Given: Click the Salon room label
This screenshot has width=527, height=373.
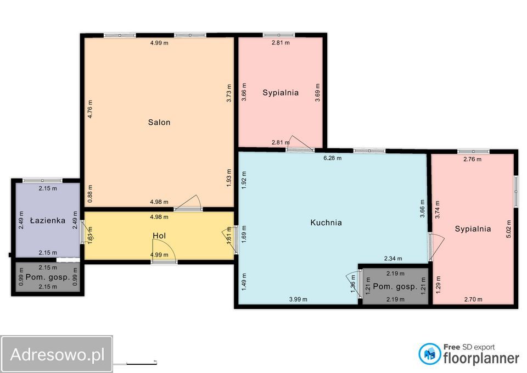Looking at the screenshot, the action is point(159,122).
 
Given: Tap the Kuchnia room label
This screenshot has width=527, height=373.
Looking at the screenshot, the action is point(326,222).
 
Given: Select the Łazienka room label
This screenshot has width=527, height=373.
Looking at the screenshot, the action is point(47,220).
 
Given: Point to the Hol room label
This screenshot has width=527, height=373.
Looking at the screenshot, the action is point(159,236).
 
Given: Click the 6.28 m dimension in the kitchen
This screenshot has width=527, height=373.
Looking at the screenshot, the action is point(333,158).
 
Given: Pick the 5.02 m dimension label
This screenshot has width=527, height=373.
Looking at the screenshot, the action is point(508,229).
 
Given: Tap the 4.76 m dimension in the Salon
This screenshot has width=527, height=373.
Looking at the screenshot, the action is point(89,109).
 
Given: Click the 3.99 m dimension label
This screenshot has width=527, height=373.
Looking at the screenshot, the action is point(298,299).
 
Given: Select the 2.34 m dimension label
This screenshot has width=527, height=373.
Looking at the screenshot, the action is point(393,258).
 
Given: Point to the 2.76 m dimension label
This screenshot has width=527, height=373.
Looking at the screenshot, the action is point(472,159).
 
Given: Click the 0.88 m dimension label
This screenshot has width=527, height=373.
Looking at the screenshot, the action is point(89,194).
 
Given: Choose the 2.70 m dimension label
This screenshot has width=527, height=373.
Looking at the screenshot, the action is point(473,299).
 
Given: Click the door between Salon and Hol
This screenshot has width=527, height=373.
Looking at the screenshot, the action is point(188,203).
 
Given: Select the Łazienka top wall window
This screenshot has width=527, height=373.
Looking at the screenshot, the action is point(42,181).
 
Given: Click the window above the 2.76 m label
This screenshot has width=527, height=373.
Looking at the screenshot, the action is point(473,152).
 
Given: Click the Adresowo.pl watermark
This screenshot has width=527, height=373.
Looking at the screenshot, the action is point(57,354).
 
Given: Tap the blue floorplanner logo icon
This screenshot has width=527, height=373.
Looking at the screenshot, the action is point(429,354).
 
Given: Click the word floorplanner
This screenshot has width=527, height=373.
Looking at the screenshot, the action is point(481,358).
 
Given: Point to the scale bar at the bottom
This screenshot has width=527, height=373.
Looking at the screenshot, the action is point(142,363).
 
